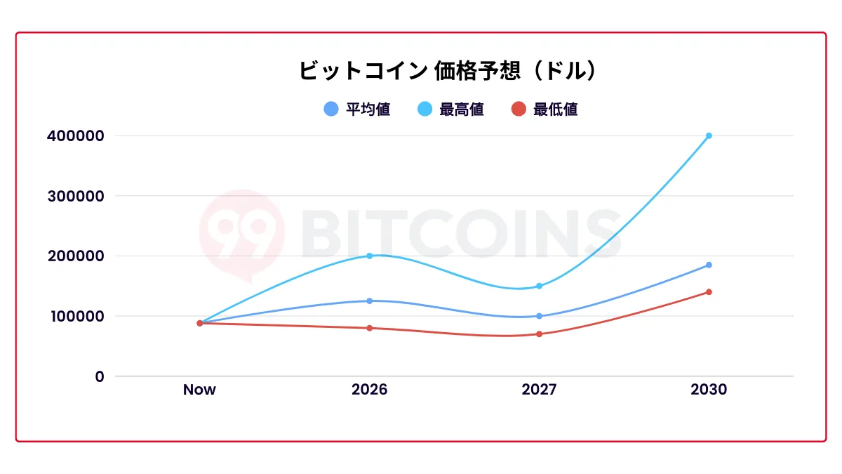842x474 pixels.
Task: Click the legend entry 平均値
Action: pos(357,109)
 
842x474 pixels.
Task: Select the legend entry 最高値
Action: pos(450,109)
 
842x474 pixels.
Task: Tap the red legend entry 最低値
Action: pos(544,109)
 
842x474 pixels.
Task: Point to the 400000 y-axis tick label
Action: pos(75,136)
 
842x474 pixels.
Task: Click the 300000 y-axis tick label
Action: pos(75,196)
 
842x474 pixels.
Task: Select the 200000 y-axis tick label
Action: pos(75,256)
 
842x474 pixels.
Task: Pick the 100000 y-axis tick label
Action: pos(75,316)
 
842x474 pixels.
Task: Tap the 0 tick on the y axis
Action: pos(99,376)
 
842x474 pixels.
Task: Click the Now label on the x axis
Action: pos(199,390)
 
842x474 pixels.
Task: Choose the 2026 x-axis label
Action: pos(369,390)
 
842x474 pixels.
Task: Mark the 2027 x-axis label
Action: pos(539,390)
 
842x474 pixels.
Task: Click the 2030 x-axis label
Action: pos(709,390)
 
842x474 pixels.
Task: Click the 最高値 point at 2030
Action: pos(709,136)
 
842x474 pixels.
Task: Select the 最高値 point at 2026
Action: pos(369,256)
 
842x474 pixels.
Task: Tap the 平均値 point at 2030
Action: pos(709,265)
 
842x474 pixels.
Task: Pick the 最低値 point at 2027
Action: pos(539,334)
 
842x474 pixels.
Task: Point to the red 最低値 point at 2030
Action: pos(709,292)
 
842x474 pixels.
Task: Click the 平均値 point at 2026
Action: pos(369,301)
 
